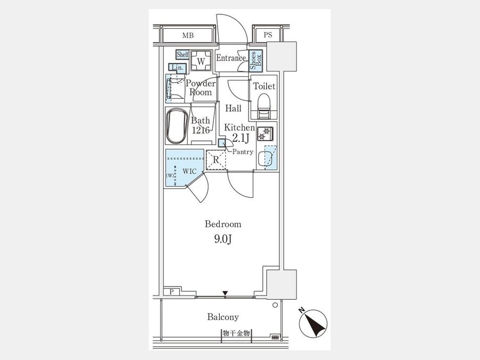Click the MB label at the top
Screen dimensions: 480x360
click(x=188, y=36)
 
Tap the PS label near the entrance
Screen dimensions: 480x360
click(x=268, y=35)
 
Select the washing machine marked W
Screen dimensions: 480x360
click(x=201, y=61)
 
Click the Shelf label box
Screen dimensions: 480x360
click(x=182, y=54)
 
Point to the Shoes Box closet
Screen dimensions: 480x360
click(x=255, y=61)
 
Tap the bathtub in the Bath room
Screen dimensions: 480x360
click(x=177, y=125)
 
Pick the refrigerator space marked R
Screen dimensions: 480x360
click(x=216, y=159)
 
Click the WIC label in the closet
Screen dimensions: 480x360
click(x=189, y=171)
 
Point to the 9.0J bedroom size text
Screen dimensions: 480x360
click(x=223, y=239)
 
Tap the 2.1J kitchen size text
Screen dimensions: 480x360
click(x=241, y=138)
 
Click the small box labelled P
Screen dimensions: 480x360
click(x=171, y=292)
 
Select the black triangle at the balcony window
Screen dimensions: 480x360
click(x=225, y=294)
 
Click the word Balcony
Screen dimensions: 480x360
click(x=223, y=317)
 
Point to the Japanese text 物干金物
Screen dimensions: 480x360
click(x=236, y=333)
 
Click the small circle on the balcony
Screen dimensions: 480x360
click(x=275, y=305)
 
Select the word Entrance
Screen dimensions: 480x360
click(x=231, y=58)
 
